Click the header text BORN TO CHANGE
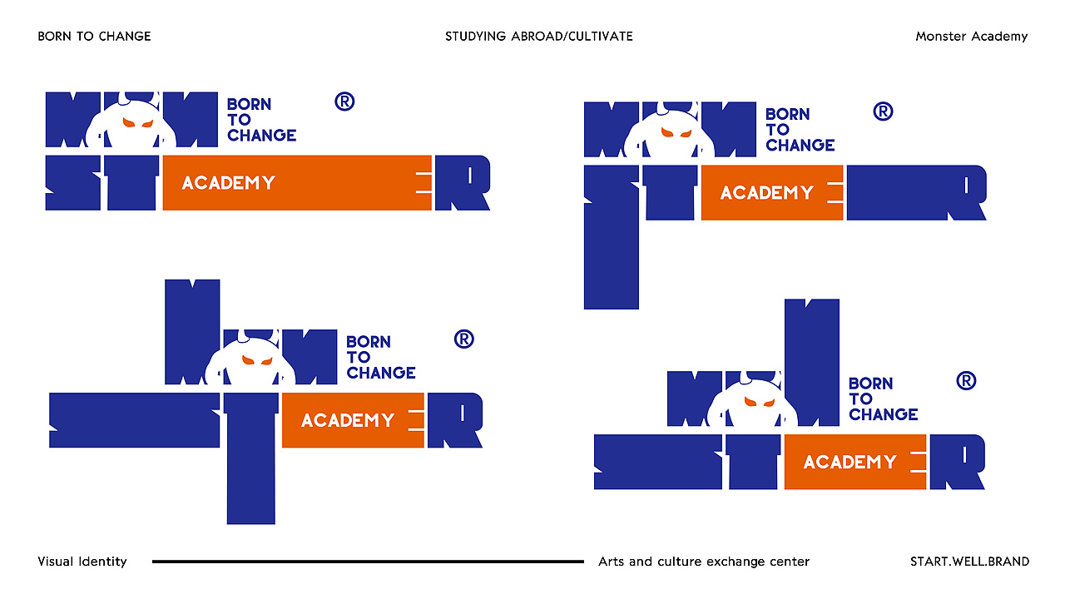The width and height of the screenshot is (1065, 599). (94, 36)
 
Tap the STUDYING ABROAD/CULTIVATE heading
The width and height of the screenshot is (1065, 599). (538, 36)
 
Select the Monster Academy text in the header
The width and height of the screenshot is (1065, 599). (971, 37)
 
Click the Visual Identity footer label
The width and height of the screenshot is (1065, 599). (82, 562)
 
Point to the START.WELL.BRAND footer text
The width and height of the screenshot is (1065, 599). (969, 562)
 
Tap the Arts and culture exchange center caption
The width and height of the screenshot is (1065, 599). (704, 562)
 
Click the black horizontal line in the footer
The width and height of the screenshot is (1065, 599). (368, 562)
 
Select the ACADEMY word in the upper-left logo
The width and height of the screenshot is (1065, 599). (228, 183)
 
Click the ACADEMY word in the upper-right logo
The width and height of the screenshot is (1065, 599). (767, 193)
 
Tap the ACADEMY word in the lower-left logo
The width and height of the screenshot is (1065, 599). (348, 420)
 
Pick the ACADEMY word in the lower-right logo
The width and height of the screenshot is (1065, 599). (850, 462)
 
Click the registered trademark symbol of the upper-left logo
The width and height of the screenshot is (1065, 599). (344, 101)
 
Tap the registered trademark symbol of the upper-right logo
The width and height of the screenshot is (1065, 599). (884, 111)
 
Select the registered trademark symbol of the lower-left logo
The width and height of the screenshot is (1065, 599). (464, 339)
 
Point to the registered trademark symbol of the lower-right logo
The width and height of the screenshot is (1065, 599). (966, 381)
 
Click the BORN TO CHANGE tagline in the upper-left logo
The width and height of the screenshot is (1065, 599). (261, 120)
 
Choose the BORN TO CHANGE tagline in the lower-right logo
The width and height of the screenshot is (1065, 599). (884, 399)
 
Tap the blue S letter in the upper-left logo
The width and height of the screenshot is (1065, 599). (73, 182)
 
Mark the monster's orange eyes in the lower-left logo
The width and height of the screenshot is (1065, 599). (257, 360)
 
